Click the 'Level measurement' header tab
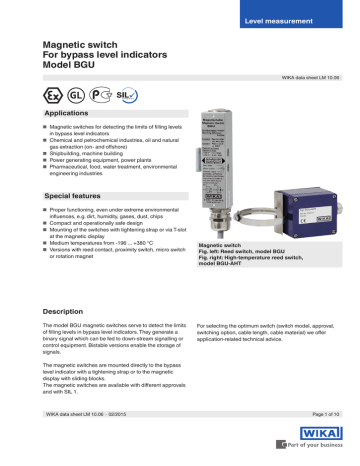point(292,21)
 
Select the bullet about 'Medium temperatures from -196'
point(105,243)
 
